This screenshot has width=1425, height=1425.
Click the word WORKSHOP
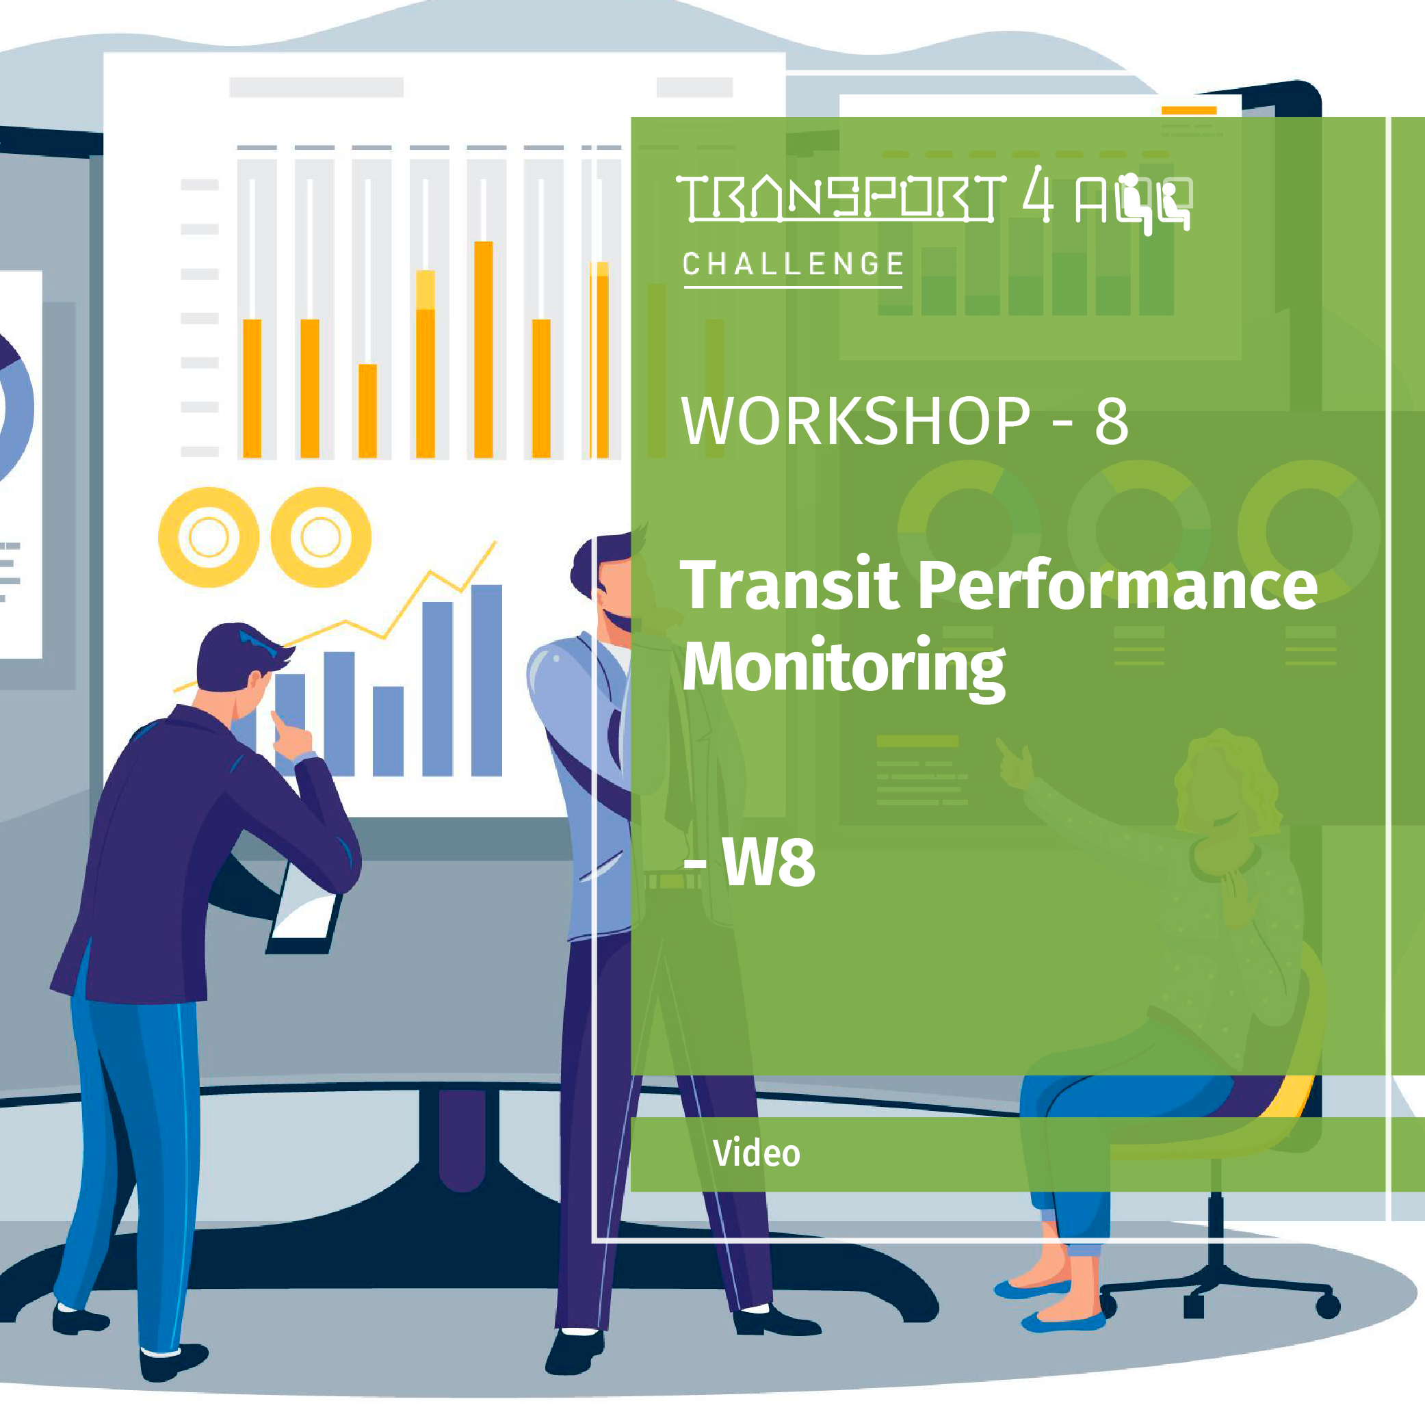[x=855, y=421]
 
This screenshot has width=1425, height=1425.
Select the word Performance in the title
[x=1118, y=585]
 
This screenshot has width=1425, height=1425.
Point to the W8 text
[x=768, y=862]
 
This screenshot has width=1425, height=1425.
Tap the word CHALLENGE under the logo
[x=793, y=264]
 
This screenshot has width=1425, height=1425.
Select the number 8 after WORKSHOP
[x=1111, y=421]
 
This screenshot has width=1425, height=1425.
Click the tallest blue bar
[x=486, y=679]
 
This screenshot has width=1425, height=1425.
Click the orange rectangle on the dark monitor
[x=1188, y=111]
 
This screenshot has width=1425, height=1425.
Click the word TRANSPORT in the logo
[x=840, y=198]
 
